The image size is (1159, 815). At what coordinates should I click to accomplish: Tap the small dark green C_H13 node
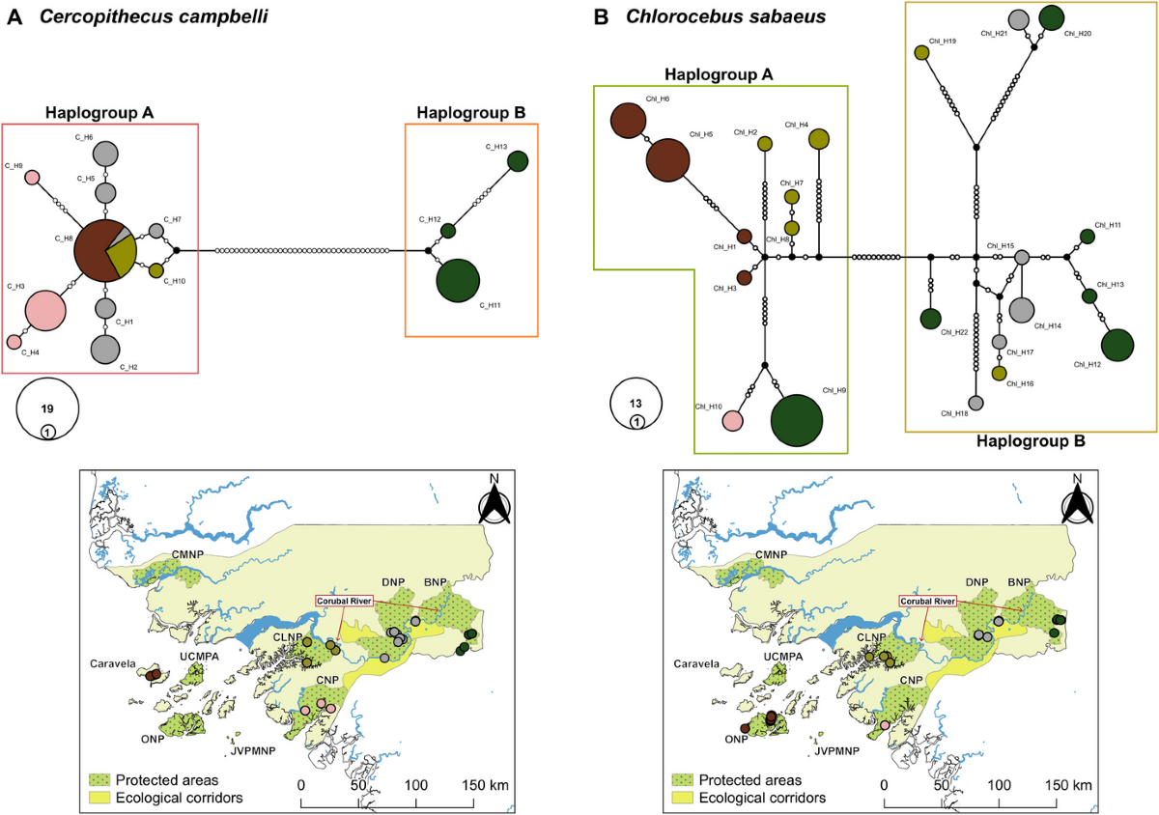pyautogui.click(x=518, y=161)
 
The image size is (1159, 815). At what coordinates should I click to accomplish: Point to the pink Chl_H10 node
pyautogui.click(x=733, y=421)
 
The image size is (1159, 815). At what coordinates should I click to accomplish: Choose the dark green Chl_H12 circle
pyautogui.click(x=1117, y=346)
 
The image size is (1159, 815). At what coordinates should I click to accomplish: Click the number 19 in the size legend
pyautogui.click(x=46, y=408)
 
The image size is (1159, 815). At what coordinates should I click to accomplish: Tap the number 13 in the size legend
pyautogui.click(x=636, y=402)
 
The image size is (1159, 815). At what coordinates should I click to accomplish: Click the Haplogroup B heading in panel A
pyautogui.click(x=470, y=113)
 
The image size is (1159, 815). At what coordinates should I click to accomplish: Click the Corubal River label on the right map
pyautogui.click(x=928, y=601)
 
